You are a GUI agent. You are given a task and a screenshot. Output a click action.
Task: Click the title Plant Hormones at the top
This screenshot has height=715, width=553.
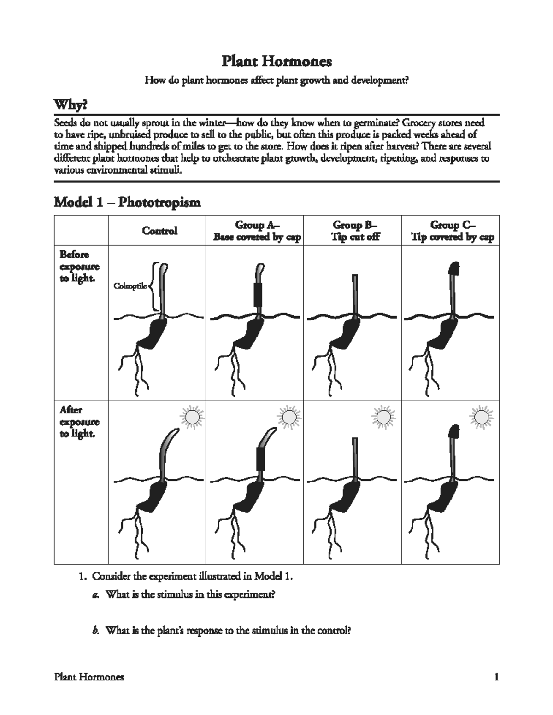276,61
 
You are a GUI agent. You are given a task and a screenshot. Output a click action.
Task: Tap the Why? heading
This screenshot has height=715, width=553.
70,105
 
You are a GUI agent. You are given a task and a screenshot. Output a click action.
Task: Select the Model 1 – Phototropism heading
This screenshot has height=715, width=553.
127,202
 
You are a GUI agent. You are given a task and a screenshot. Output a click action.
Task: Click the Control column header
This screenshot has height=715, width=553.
159,231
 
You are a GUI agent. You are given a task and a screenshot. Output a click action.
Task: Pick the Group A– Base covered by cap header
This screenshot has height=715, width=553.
257,231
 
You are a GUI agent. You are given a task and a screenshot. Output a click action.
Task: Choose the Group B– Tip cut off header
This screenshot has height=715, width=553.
354,231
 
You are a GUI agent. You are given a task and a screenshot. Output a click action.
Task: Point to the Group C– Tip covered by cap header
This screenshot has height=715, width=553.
453,231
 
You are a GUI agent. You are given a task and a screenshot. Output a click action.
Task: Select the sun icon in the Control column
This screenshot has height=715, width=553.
192,417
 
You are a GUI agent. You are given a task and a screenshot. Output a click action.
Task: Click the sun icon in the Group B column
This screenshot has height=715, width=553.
383,417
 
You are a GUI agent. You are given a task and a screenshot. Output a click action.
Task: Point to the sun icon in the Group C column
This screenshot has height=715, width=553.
481,417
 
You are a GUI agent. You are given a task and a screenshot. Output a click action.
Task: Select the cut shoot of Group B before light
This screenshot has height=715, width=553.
355,295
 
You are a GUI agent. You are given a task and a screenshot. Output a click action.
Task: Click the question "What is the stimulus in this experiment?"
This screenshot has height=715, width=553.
190,594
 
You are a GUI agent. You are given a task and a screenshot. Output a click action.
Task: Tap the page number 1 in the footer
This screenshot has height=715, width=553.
496,677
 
